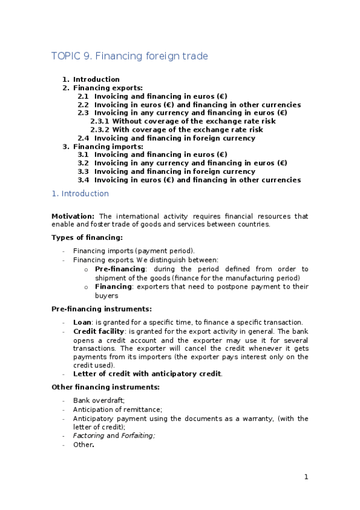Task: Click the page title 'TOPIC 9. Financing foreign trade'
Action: click(129, 57)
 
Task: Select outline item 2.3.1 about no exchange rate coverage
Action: click(183, 121)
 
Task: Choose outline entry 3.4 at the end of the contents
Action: click(189, 180)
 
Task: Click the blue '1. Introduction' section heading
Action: click(80, 194)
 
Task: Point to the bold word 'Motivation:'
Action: click(73, 217)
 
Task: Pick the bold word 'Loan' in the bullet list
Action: click(82, 322)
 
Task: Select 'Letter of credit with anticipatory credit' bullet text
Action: click(147, 374)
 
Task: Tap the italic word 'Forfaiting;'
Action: click(138, 435)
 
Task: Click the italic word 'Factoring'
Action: click(89, 435)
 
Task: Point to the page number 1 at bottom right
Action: click(306, 477)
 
